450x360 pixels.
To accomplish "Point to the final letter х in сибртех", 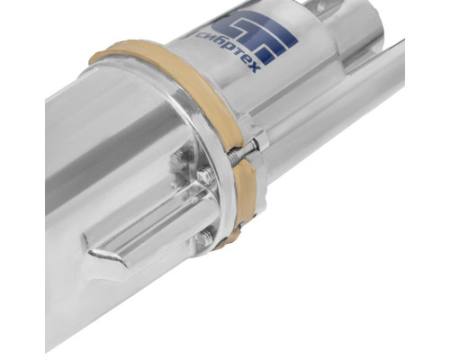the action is point(254,69).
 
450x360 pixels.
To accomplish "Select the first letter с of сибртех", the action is point(200,35).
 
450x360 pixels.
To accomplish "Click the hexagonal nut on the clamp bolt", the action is point(260,138).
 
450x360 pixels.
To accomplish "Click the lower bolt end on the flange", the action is point(204,238).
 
